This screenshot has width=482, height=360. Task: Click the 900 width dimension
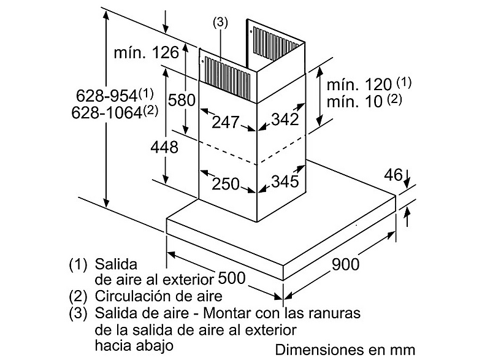point(345,264)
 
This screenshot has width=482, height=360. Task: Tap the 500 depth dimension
point(231,278)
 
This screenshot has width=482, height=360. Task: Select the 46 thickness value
point(393,175)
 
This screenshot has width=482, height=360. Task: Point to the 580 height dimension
point(182,100)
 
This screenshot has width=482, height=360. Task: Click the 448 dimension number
point(164,147)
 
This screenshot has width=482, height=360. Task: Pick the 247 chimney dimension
point(225,122)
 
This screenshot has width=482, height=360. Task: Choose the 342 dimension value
point(285,119)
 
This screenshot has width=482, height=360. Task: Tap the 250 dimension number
point(225,184)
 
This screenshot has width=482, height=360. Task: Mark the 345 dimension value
point(285,181)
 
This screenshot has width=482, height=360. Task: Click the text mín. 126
point(147,53)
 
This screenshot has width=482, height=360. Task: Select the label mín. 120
point(359,84)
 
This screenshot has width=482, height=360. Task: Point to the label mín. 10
point(354,101)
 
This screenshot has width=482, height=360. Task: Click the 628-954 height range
point(107,96)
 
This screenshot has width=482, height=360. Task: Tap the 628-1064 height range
point(107,112)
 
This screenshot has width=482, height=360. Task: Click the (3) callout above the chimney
point(220,23)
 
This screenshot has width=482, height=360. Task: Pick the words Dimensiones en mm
point(345,350)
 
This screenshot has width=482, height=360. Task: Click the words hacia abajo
point(134,345)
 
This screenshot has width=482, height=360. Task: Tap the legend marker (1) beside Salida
point(78,264)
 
